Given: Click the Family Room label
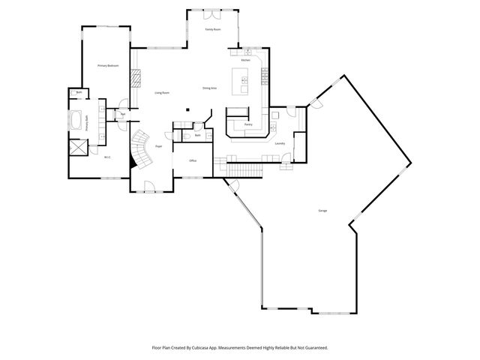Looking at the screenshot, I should (x=213, y=29).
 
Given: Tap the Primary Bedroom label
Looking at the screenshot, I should (x=109, y=66).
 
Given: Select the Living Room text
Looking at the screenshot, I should (x=162, y=93).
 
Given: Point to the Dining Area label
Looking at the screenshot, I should (x=209, y=88).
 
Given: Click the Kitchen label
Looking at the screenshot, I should (x=256, y=60).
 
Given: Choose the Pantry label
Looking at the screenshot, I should (x=248, y=124).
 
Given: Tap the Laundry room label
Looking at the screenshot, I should (x=280, y=143).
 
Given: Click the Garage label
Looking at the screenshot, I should (x=322, y=211).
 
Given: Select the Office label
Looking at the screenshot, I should (x=193, y=161).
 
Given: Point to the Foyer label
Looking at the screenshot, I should (x=159, y=146).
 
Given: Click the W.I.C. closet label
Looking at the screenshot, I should (x=107, y=157).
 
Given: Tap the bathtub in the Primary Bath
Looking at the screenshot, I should (x=77, y=120).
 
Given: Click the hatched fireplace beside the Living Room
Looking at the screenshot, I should (x=136, y=79).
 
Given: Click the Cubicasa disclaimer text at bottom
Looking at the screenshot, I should (x=240, y=347).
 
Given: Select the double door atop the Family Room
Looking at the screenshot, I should (x=212, y=11).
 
